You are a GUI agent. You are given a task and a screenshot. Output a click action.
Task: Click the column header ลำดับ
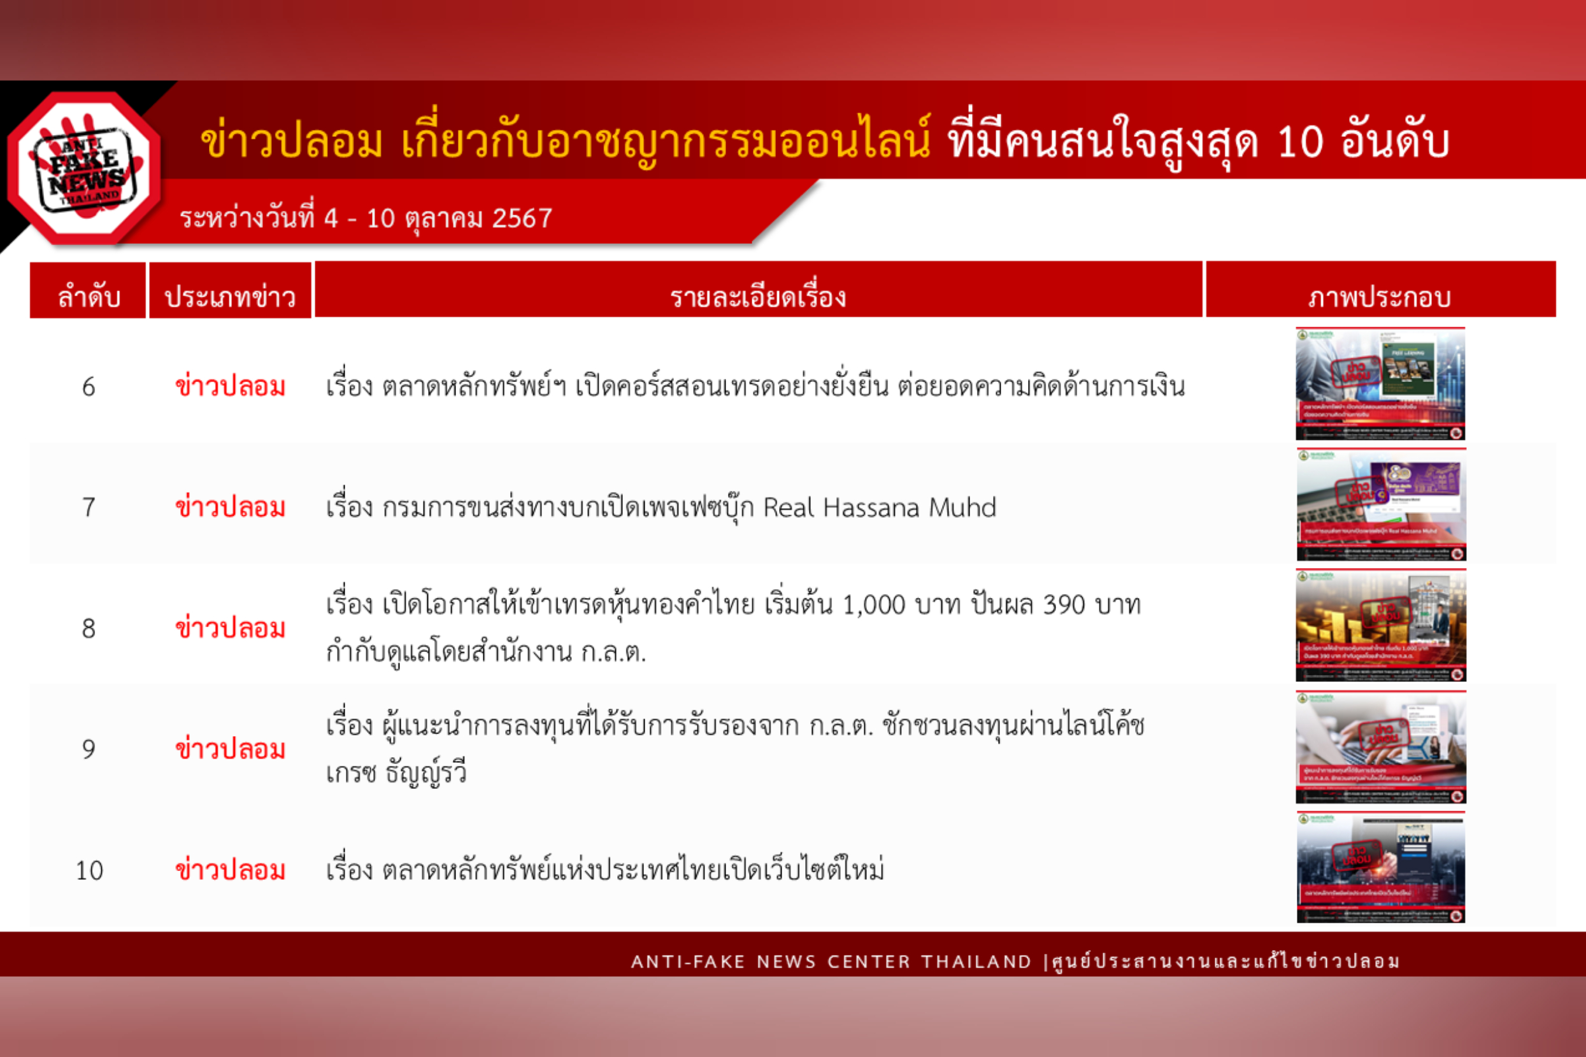[x=89, y=297]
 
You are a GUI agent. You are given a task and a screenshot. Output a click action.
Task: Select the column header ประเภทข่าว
[x=230, y=297]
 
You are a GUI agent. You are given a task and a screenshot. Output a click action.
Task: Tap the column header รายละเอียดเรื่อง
[x=758, y=297]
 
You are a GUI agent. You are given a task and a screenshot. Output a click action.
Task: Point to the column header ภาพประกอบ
[x=1380, y=297]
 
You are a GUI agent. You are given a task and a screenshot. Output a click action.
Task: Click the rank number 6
[x=89, y=387]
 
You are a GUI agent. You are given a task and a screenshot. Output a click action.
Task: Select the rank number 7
[x=89, y=507]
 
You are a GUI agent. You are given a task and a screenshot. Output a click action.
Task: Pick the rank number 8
[x=89, y=629]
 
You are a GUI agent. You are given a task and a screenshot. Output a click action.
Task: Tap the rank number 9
[x=89, y=749]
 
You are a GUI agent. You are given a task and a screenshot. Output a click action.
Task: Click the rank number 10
[x=89, y=871]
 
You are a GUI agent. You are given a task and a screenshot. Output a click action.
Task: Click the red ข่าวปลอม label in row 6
[x=230, y=387]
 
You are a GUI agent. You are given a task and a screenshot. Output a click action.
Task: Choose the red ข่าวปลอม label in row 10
[x=230, y=871]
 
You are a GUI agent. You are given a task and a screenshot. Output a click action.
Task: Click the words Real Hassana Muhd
[x=880, y=507]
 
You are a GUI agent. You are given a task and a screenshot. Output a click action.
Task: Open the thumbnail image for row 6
[x=1380, y=383]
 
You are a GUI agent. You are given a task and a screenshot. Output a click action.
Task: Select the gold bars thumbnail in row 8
[x=1380, y=625]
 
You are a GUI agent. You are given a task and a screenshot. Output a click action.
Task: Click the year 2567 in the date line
[x=522, y=218]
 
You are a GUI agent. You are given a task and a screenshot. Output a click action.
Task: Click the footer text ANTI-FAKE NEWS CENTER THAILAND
[x=831, y=961]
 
